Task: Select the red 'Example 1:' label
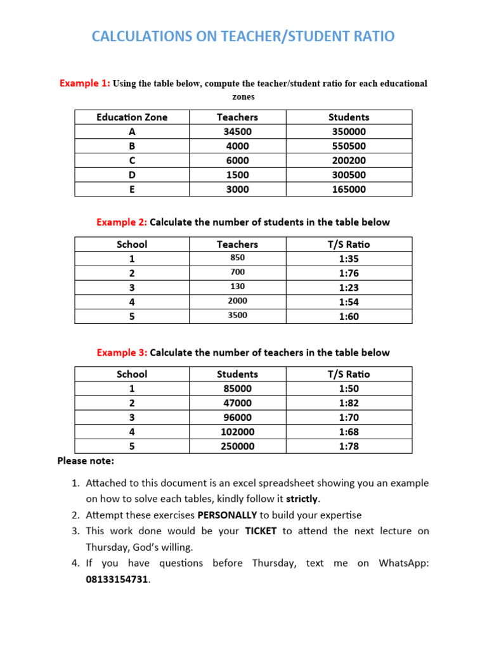pyautogui.click(x=84, y=83)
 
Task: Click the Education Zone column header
pyautogui.click(x=132, y=117)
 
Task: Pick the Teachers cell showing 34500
pyautogui.click(x=237, y=132)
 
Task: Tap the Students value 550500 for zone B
pyautogui.click(x=349, y=146)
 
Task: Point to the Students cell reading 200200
pyautogui.click(x=349, y=160)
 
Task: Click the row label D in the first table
pyautogui.click(x=132, y=175)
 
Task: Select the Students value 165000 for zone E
pyautogui.click(x=349, y=190)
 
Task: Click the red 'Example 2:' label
pyautogui.click(x=122, y=222)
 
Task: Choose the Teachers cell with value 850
pyautogui.click(x=237, y=258)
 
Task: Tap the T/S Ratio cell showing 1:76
pyautogui.click(x=349, y=273)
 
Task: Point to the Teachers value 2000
pyautogui.click(x=237, y=301)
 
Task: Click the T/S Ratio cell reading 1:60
pyautogui.click(x=349, y=316)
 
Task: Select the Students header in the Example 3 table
pyautogui.click(x=237, y=374)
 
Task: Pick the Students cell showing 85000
pyautogui.click(x=237, y=389)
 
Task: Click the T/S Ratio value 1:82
pyautogui.click(x=349, y=403)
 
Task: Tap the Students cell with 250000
pyautogui.click(x=237, y=446)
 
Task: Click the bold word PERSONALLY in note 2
pyautogui.click(x=227, y=515)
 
